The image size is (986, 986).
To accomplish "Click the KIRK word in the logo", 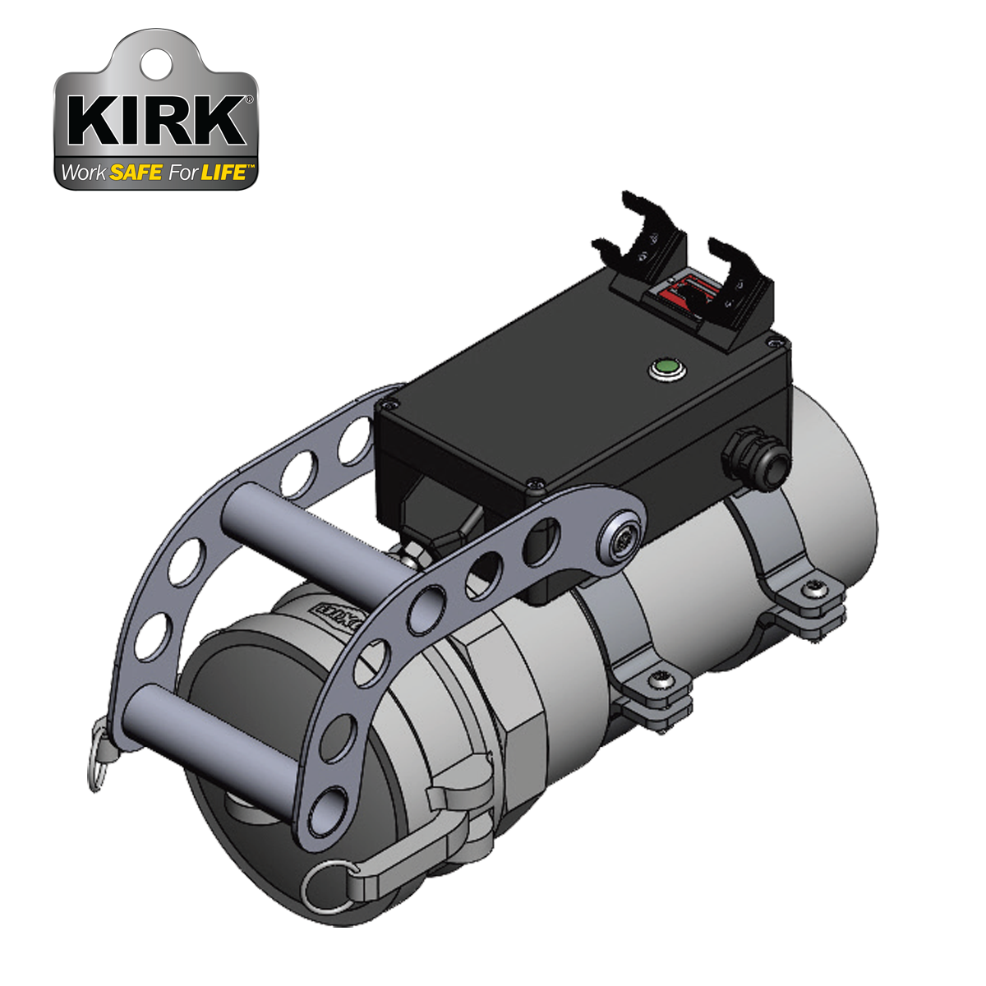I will (156, 122).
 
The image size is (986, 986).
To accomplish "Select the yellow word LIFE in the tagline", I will (223, 173).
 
